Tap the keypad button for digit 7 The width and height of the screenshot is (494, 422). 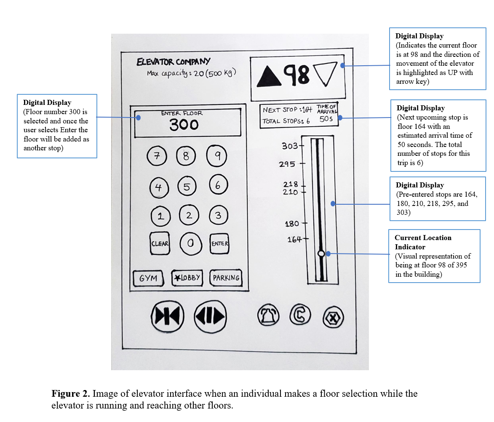tap(157, 157)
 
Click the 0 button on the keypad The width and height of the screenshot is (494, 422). tap(190, 243)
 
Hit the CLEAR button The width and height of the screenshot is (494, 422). tap(160, 243)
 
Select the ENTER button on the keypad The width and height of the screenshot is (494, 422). tap(220, 243)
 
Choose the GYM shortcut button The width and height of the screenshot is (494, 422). tap(148, 278)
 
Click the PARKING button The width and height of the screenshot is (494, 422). tap(226, 278)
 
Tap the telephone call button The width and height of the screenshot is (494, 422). tap(300, 315)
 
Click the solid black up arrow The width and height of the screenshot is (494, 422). tap(269, 75)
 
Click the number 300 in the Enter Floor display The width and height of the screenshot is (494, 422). tap(184, 125)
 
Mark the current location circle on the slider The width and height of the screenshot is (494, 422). tap(321, 254)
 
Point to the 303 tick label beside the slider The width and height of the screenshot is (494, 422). tap(290, 146)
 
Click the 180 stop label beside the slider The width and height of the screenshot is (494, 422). tap(292, 224)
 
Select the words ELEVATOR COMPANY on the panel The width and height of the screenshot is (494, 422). tap(174, 62)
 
